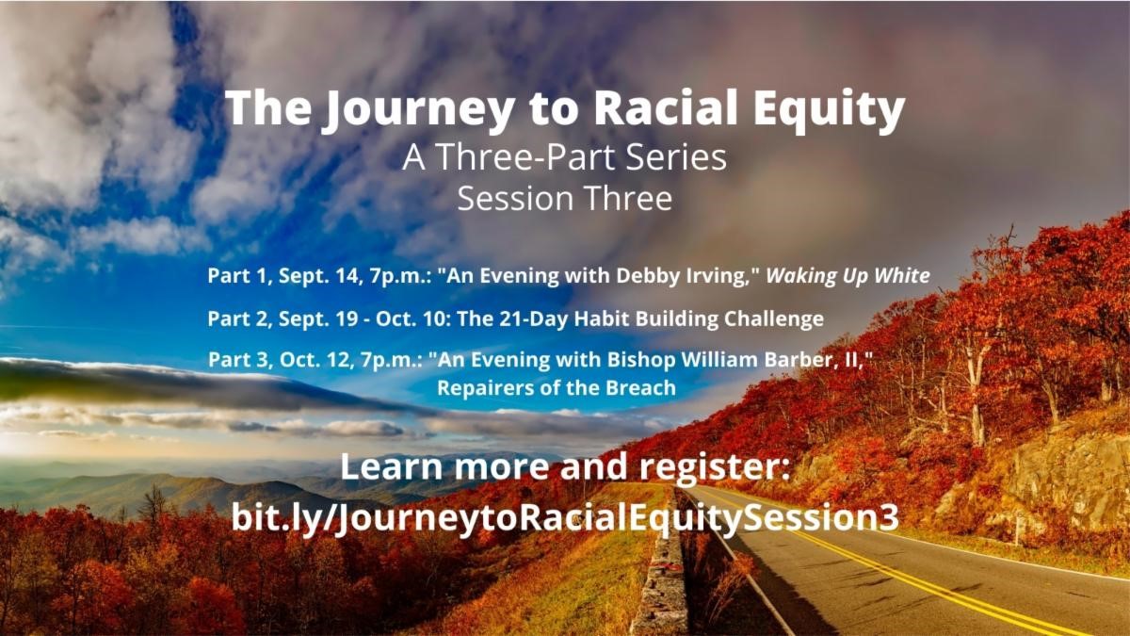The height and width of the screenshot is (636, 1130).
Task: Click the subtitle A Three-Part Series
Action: coord(564,157)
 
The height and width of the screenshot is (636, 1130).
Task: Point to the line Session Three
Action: coord(564,199)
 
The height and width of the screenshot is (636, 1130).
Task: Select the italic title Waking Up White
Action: coord(848,276)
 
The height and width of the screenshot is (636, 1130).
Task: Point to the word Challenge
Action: coord(774,319)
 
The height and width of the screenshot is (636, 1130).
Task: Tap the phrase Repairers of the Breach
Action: coord(556,388)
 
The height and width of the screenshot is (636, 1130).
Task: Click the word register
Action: coord(716,467)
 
